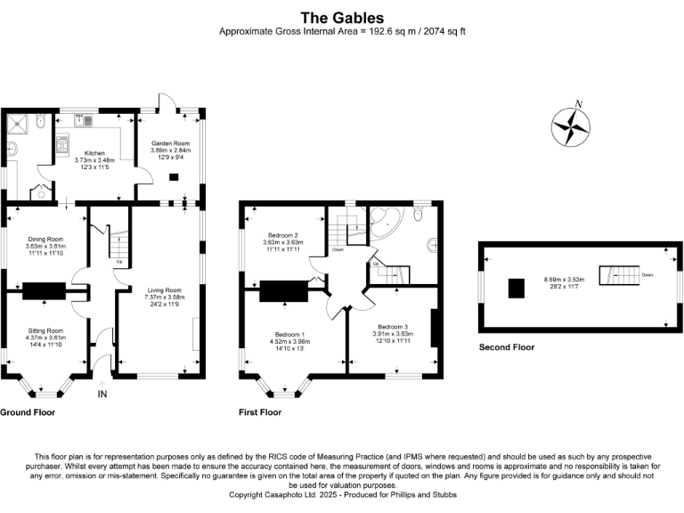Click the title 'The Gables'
(x=342, y=18)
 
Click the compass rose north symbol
(x=571, y=126)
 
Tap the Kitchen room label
(x=94, y=153)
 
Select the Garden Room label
(x=171, y=143)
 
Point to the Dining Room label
(x=45, y=239)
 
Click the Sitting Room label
(x=45, y=330)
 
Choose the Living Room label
(x=165, y=290)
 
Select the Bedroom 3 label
(x=393, y=327)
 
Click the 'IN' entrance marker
(x=102, y=394)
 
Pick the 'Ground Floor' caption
(x=28, y=412)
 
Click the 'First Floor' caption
(x=260, y=412)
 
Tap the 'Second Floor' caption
(x=507, y=347)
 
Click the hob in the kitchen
(x=62, y=145)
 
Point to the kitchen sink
(x=84, y=119)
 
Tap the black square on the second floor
(x=516, y=289)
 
